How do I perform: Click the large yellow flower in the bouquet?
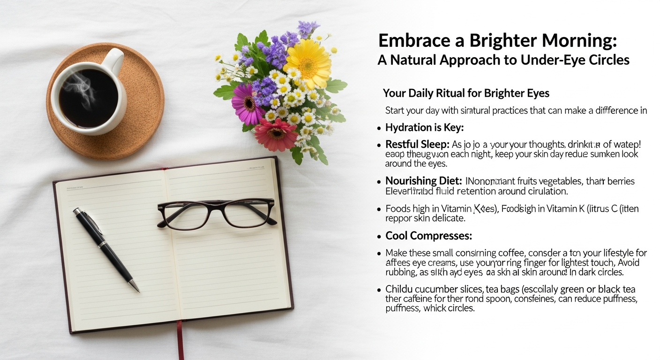[307, 63]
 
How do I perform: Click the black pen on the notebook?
[105, 249]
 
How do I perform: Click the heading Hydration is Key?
[424, 127]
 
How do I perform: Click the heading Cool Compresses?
[428, 236]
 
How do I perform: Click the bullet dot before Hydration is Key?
[379, 128]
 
